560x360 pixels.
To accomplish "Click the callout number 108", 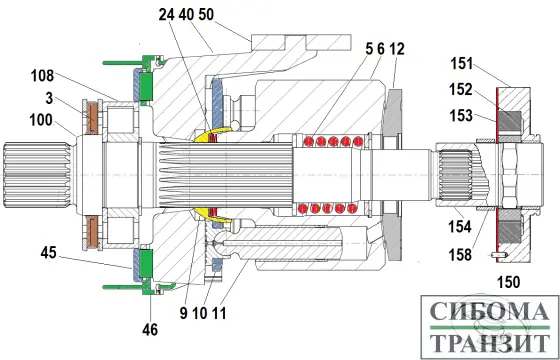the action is [x=42, y=76].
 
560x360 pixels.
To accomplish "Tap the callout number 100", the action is [x=41, y=120].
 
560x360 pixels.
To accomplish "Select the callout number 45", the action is [x=48, y=253].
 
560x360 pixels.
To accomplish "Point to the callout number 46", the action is [x=150, y=330].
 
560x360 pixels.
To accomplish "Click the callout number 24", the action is [x=166, y=15].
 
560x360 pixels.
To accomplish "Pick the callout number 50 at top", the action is [x=206, y=15].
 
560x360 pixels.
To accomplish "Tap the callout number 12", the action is [x=397, y=49].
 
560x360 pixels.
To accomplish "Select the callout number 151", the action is [x=461, y=64].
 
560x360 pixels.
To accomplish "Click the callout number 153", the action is [x=461, y=115].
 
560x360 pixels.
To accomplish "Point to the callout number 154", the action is [x=460, y=227].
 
